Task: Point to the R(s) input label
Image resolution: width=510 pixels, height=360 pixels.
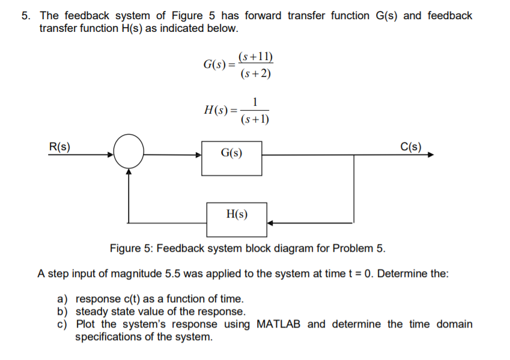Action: pos(59,145)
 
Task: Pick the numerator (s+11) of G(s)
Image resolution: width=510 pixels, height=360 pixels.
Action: pos(255,58)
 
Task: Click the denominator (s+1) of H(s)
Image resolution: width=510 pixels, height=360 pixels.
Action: pos(255,119)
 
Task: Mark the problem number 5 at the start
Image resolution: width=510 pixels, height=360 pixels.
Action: pos(25,16)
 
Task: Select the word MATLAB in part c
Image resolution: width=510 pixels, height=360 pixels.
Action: pos(279,325)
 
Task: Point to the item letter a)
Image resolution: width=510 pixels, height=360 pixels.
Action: pos(62,299)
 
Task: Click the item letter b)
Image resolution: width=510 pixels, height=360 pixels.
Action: pos(62,311)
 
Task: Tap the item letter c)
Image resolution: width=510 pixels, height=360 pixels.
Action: pos(62,325)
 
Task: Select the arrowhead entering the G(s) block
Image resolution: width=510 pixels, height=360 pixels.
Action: pos(198,154)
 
